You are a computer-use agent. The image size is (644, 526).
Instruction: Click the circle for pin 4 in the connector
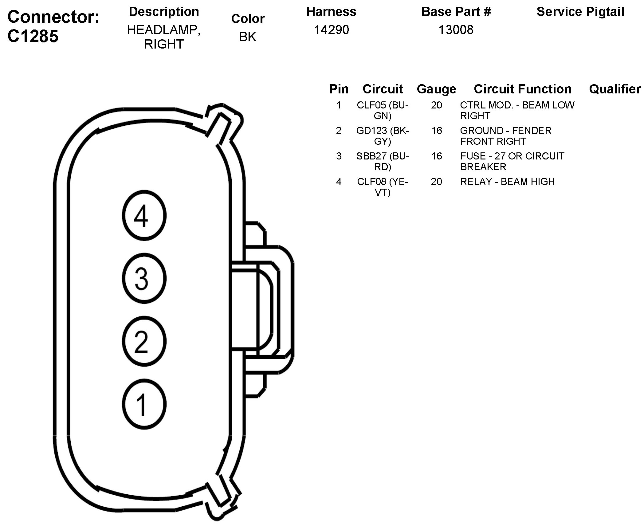click(144, 215)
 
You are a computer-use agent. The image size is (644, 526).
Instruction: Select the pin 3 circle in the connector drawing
click(144, 278)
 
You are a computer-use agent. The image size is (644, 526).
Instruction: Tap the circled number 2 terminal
click(144, 341)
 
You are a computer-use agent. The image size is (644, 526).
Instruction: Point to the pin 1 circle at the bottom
click(144, 404)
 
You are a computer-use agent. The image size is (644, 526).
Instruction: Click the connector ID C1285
click(33, 36)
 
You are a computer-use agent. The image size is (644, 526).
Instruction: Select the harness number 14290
click(331, 30)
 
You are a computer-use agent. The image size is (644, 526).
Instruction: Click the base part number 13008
click(456, 30)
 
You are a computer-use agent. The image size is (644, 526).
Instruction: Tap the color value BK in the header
click(247, 37)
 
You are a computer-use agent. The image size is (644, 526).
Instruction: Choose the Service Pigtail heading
click(580, 12)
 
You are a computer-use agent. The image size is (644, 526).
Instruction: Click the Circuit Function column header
click(522, 89)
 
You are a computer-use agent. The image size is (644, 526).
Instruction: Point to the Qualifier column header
click(615, 89)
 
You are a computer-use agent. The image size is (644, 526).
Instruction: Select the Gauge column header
click(436, 89)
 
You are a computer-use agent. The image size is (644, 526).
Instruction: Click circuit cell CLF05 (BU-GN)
click(383, 110)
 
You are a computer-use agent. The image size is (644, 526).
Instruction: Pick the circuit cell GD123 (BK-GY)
click(383, 136)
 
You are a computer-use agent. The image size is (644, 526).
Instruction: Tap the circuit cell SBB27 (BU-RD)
click(383, 161)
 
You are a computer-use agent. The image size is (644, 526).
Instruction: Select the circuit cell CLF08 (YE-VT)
click(383, 187)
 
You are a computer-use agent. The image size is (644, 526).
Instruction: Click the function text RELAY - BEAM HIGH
click(507, 182)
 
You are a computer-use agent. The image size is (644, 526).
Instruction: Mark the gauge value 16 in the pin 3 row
click(436, 156)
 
